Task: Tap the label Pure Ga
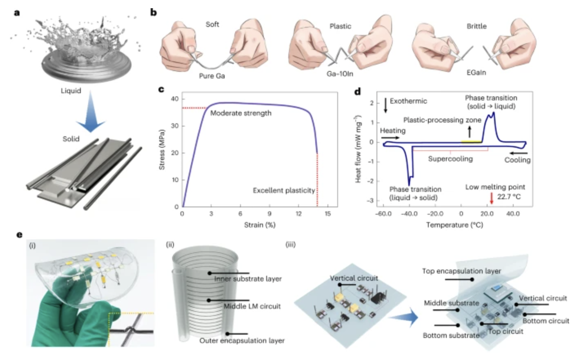pos(212,76)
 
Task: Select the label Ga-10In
pos(340,74)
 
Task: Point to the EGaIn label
pos(476,73)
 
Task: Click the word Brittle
pos(477,26)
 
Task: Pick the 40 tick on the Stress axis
pos(175,99)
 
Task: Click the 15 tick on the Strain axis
pos(327,214)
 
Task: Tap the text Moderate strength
pos(241,113)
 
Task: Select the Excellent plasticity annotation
pos(284,191)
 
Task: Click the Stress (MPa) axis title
pos(162,150)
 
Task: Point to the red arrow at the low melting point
pos(492,198)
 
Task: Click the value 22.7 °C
pos(509,197)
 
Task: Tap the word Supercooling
pos(450,159)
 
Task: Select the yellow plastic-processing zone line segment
pos(471,142)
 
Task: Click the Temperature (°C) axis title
pos(454,225)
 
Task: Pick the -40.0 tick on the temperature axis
pos(409,214)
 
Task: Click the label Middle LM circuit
pos(252,306)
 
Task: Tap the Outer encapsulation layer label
pos(242,340)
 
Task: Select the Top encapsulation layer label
pos(461,271)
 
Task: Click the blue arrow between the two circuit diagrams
pos(409,317)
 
